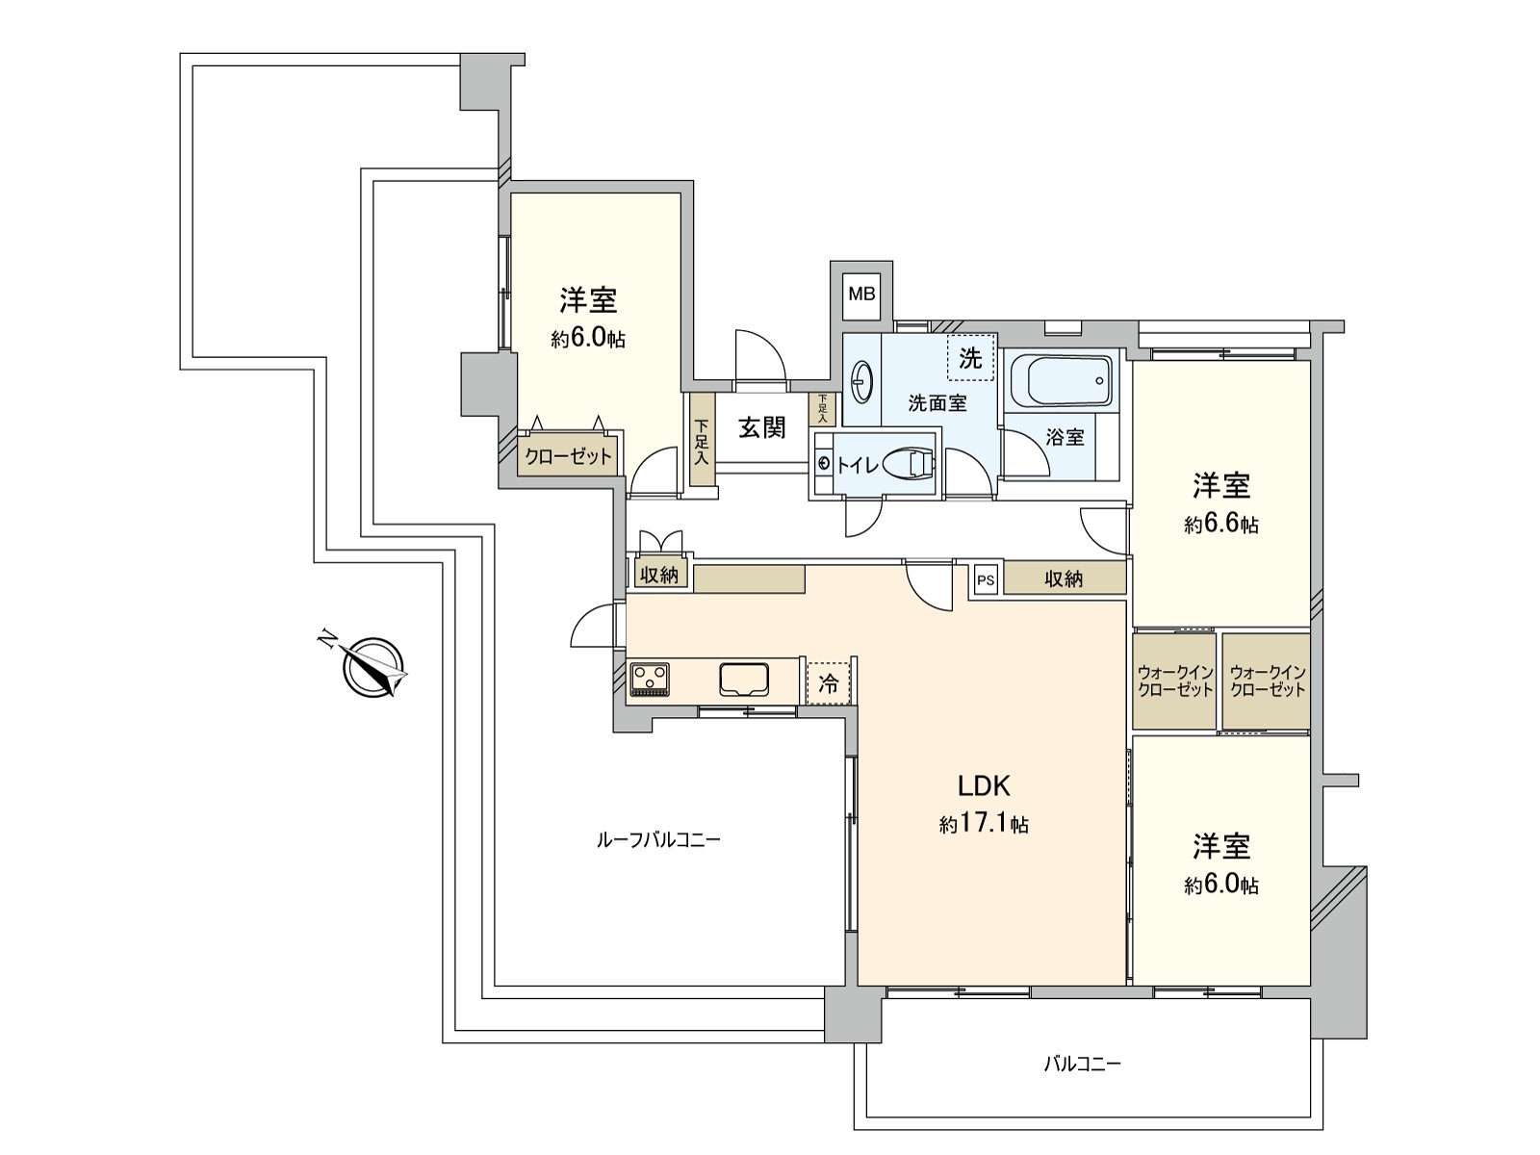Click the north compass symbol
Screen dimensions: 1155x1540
coord(373,667)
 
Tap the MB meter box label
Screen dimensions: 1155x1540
coord(861,294)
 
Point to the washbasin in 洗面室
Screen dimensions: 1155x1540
coord(862,381)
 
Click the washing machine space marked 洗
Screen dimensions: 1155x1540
coord(970,358)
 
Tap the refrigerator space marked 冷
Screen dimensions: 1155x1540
coord(828,683)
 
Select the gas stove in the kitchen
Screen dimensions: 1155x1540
coord(650,680)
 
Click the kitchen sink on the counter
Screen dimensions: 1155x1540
coord(744,680)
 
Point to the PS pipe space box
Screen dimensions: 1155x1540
coord(985,579)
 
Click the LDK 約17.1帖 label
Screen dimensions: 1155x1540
coord(984,804)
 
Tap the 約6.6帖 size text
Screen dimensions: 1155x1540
coord(1220,525)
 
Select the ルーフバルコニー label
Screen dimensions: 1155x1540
coord(658,840)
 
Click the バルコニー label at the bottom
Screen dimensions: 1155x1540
coord(1082,1064)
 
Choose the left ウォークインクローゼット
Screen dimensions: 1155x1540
coord(1174,680)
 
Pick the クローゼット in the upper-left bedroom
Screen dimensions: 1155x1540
coord(569,456)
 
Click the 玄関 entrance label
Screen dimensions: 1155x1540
coord(762,427)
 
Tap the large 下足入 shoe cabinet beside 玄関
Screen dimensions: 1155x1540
coord(702,442)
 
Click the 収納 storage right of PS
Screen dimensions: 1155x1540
coord(1064,578)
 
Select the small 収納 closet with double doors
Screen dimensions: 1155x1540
coord(659,575)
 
